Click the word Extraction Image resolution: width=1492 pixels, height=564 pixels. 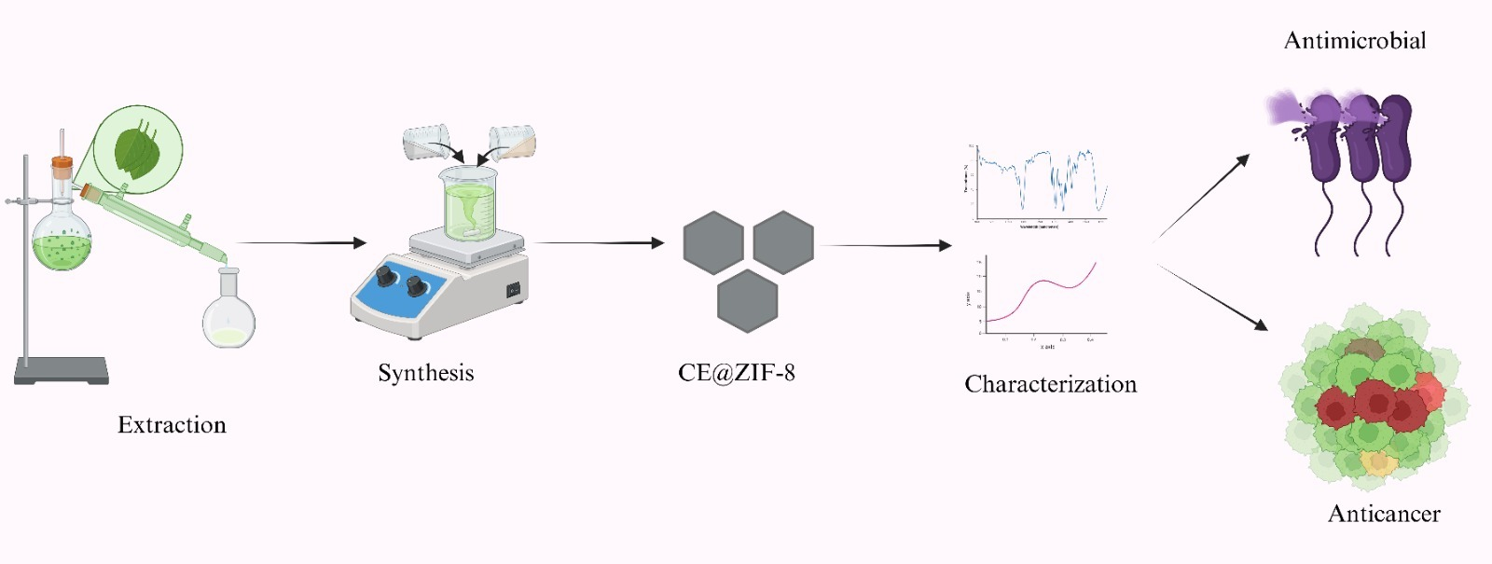click(x=172, y=425)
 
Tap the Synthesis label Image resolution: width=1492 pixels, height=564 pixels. click(x=426, y=373)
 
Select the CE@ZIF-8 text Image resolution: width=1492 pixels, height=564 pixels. click(x=737, y=373)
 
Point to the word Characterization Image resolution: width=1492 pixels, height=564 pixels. click(x=1051, y=384)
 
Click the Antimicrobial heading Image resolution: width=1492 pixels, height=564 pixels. click(x=1355, y=41)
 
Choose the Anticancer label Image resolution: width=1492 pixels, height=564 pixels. click(x=1384, y=514)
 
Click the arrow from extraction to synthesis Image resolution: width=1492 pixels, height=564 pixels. click(x=301, y=243)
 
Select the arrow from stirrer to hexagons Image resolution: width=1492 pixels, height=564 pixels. click(x=600, y=243)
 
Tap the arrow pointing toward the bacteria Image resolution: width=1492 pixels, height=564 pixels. click(x=1203, y=197)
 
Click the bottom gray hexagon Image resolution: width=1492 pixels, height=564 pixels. click(x=748, y=301)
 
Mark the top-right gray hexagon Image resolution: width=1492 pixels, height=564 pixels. click(x=783, y=242)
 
